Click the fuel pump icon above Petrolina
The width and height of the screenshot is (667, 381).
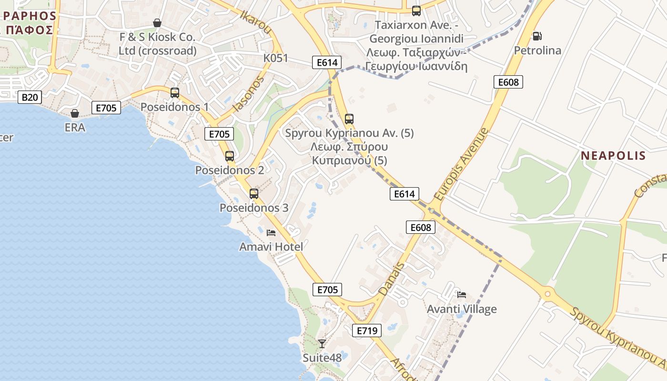pyautogui.click(x=537, y=36)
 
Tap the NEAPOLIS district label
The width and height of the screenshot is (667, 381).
pyautogui.click(x=613, y=155)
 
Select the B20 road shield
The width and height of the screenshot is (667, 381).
pyautogui.click(x=30, y=97)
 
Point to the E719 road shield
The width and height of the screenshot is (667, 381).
pyautogui.click(x=367, y=331)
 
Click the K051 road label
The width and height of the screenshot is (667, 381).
pyautogui.click(x=276, y=58)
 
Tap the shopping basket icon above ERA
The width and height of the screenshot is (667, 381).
pyautogui.click(x=75, y=113)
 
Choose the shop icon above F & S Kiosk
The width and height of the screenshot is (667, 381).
pyautogui.click(x=157, y=23)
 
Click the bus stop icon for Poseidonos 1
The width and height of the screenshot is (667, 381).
pyautogui.click(x=175, y=92)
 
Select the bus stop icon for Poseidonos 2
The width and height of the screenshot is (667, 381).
pyautogui.click(x=230, y=156)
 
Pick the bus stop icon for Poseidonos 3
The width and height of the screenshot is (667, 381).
pyautogui.click(x=254, y=193)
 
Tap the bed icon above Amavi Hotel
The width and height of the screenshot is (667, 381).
pyautogui.click(x=271, y=233)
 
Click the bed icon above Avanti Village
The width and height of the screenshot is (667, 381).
pyautogui.click(x=461, y=295)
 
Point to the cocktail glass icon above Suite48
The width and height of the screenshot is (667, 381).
pyautogui.click(x=322, y=343)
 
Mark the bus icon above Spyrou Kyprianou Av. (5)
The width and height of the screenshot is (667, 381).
pyautogui.click(x=349, y=119)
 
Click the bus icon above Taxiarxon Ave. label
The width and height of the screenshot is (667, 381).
pyautogui.click(x=416, y=10)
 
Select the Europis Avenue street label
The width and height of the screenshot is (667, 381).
pyautogui.click(x=462, y=163)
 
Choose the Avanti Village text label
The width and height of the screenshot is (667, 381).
pyautogui.click(x=461, y=309)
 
